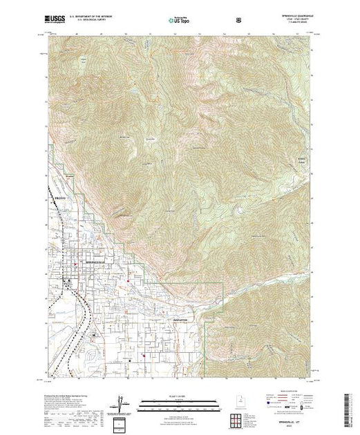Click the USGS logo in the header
coord(58,19)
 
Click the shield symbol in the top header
coord(238,19)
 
